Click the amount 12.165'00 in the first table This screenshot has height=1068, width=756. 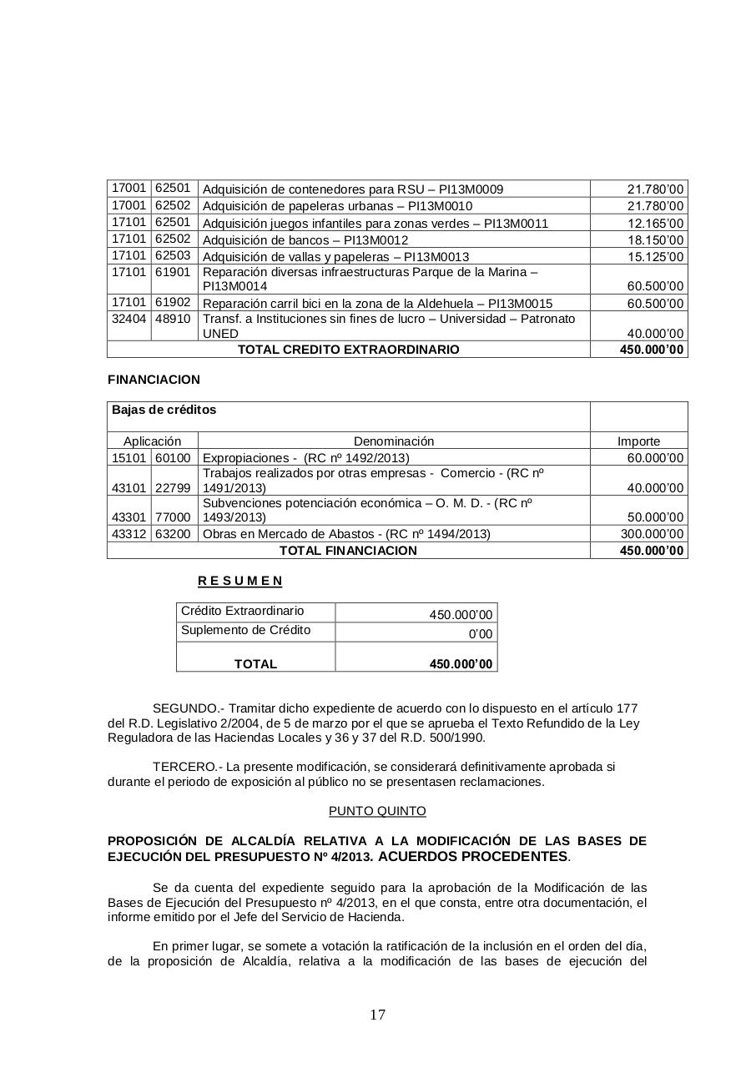click(655, 224)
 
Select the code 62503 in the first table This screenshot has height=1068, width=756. click(173, 255)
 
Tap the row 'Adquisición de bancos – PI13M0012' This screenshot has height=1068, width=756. click(305, 240)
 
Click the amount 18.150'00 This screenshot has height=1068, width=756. click(655, 240)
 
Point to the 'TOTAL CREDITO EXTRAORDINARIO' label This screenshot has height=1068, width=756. click(348, 350)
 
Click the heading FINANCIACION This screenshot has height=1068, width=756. click(154, 380)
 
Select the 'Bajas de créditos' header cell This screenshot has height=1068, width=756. click(163, 410)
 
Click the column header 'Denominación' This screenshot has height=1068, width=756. click(394, 441)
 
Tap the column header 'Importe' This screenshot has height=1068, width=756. click(638, 441)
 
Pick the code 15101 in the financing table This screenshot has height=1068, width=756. click(129, 457)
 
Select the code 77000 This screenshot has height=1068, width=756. click(173, 517)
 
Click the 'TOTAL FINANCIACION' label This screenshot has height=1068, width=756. click(348, 551)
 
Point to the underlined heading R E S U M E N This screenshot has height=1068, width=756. click(239, 581)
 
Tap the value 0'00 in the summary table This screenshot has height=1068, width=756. click(481, 634)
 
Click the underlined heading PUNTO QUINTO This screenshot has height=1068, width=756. click(377, 811)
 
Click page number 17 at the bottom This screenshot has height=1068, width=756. click(377, 1015)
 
